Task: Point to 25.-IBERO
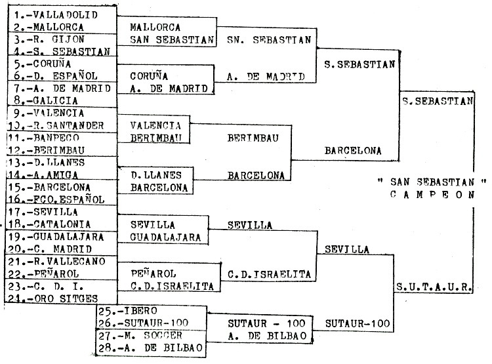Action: pos(131,310)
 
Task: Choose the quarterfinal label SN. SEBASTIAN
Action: pos(268,39)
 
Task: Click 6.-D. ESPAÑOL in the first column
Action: pos(55,75)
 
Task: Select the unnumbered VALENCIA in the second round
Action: pos(155,125)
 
